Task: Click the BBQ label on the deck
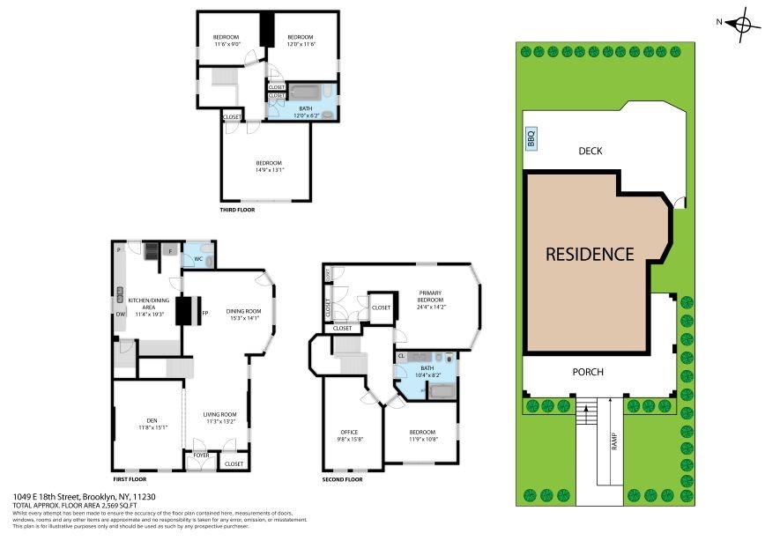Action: click(x=531, y=139)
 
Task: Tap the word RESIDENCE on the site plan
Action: click(x=590, y=254)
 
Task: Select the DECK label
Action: click(x=590, y=151)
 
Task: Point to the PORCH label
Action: click(x=588, y=372)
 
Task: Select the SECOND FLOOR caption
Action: click(x=342, y=479)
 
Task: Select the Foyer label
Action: click(x=201, y=456)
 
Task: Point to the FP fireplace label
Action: click(x=204, y=313)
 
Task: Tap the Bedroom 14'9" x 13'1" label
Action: click(x=269, y=167)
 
